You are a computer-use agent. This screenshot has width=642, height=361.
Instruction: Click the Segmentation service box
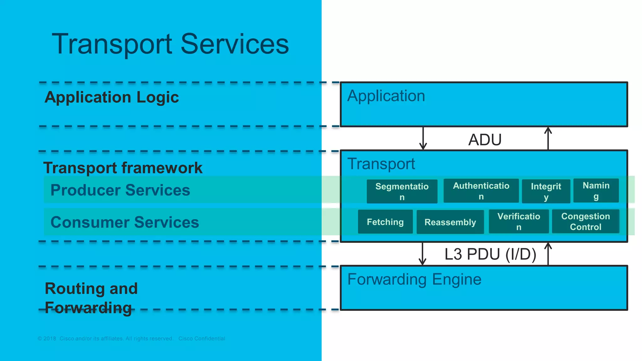402,191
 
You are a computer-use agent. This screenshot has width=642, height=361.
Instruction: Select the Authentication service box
481,191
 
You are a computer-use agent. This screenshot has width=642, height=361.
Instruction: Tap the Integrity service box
546,191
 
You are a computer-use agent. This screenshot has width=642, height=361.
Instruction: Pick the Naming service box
596,191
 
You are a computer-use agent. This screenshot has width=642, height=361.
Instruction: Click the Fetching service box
385,222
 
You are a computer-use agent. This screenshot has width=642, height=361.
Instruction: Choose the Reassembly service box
450,222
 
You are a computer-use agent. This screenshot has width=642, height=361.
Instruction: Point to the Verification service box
518,222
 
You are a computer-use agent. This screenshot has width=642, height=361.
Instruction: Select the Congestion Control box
585,222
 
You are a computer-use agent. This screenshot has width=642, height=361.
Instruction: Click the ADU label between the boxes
485,140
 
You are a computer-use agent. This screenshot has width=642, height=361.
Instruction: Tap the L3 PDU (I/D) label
490,254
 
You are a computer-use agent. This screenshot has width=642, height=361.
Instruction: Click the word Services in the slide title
234,44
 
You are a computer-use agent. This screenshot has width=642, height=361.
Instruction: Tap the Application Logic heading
112,97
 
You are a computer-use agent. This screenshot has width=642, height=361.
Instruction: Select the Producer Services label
120,190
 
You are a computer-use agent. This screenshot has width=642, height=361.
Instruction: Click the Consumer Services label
124,222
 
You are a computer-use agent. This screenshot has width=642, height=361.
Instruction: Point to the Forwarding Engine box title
414,279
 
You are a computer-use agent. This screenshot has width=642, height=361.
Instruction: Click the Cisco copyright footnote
131,338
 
